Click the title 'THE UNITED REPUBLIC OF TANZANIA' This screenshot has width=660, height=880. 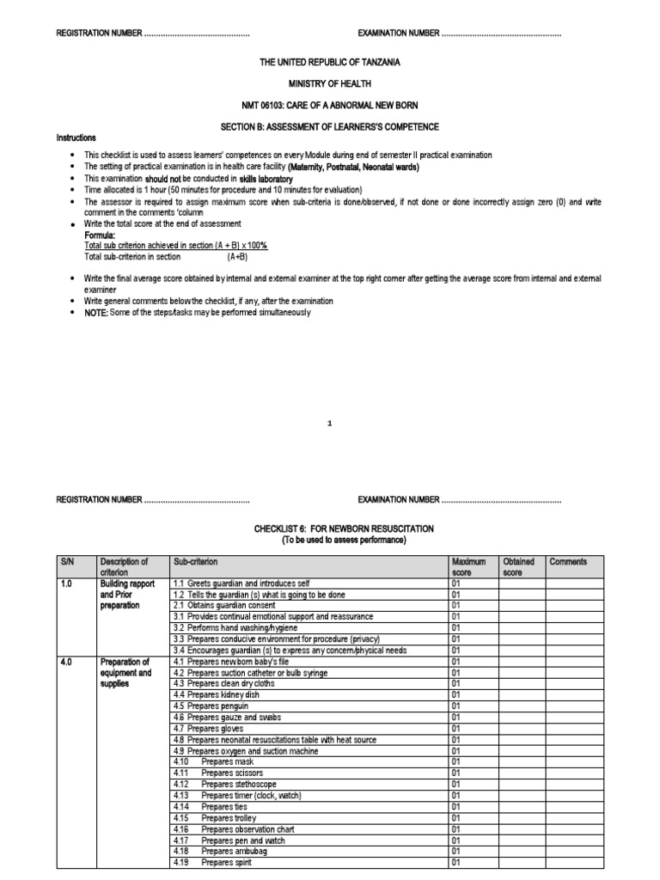click(329, 63)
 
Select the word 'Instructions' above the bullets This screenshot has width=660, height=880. click(76, 137)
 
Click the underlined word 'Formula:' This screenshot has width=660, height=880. click(100, 235)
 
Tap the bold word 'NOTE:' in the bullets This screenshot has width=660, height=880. click(96, 313)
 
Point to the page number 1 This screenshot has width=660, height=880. click(330, 424)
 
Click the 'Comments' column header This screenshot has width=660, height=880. click(568, 562)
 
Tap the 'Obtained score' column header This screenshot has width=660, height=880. click(518, 567)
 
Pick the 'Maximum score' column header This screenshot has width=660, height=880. click(468, 567)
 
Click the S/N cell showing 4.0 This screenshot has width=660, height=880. click(68, 662)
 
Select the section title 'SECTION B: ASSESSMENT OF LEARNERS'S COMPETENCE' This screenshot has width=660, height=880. click(329, 126)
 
